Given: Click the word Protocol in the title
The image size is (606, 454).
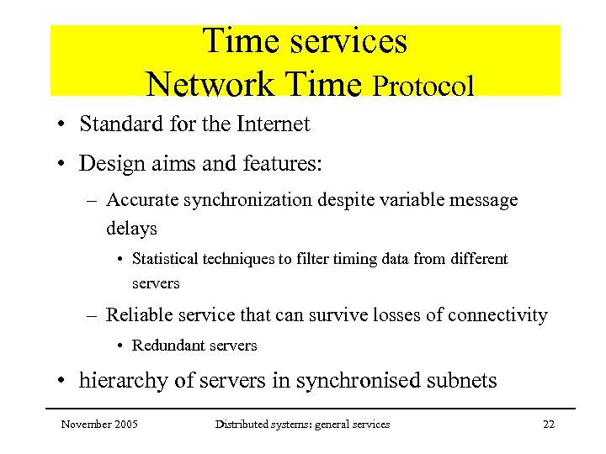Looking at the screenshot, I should click(423, 86).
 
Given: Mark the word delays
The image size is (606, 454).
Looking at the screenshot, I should click(131, 228).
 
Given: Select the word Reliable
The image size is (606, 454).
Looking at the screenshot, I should click(136, 315).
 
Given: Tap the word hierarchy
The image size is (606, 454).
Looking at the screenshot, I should click(115, 381).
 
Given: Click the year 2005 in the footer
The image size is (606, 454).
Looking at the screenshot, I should click(125, 425).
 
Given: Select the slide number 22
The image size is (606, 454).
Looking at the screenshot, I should click(548, 425).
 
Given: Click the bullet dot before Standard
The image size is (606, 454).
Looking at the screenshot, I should click(63, 125).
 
